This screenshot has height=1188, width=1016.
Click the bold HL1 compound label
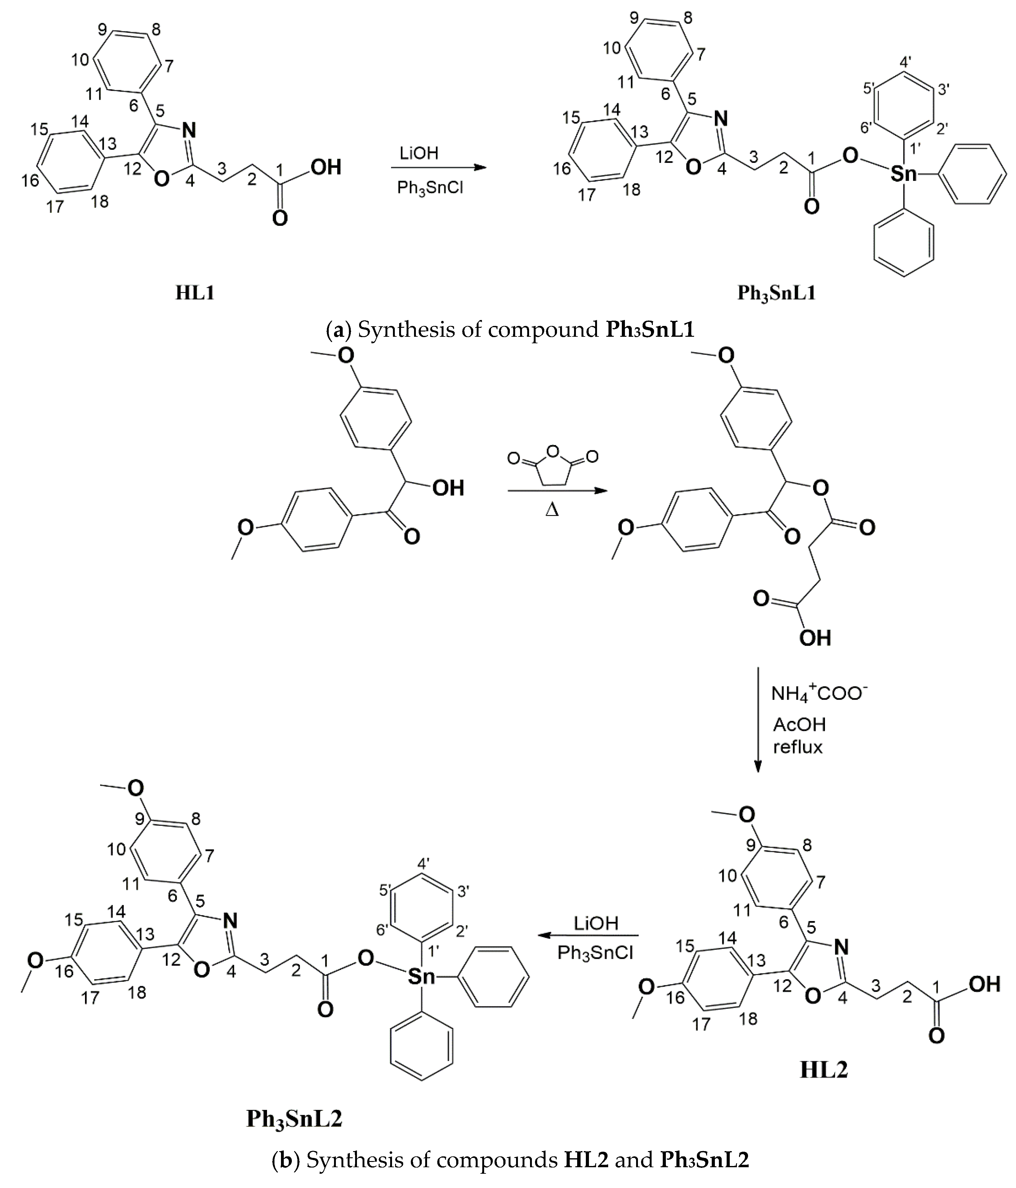click(x=195, y=293)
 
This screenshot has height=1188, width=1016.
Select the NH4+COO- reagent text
click(x=819, y=694)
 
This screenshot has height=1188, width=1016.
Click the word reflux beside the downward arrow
click(x=798, y=747)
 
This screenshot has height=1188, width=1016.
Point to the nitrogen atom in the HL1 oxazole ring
click(x=189, y=131)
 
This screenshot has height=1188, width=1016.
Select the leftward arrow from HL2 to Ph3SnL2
click(x=588, y=935)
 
